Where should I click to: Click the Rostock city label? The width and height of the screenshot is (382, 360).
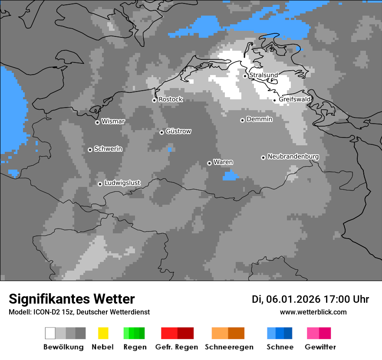171,99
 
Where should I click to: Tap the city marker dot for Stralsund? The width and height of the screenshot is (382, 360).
245,76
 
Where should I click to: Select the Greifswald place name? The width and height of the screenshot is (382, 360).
295,99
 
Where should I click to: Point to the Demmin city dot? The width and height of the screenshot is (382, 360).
242,120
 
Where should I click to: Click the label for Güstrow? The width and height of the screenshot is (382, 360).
178,131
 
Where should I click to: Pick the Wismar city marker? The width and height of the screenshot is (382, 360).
97,122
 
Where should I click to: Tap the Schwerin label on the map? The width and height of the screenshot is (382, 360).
108,149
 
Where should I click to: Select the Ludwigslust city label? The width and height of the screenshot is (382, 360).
122,183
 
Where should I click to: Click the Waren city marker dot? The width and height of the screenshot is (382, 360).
209,163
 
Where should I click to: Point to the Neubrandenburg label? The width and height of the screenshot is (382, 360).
293,157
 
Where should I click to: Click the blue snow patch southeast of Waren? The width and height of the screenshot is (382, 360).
231,175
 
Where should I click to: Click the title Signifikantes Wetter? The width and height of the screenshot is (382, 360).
72,299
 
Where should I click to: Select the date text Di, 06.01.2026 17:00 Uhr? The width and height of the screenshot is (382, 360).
310,299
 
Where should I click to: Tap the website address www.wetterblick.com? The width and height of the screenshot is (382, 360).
313,312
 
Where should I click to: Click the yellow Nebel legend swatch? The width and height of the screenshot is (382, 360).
103,333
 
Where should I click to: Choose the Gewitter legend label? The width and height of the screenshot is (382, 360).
320,347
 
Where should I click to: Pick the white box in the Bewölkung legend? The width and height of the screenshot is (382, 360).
50,333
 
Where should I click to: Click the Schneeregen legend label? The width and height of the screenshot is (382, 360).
229,347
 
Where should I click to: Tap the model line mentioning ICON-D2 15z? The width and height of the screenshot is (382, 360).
79,312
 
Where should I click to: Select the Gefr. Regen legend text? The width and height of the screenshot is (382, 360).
176,347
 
